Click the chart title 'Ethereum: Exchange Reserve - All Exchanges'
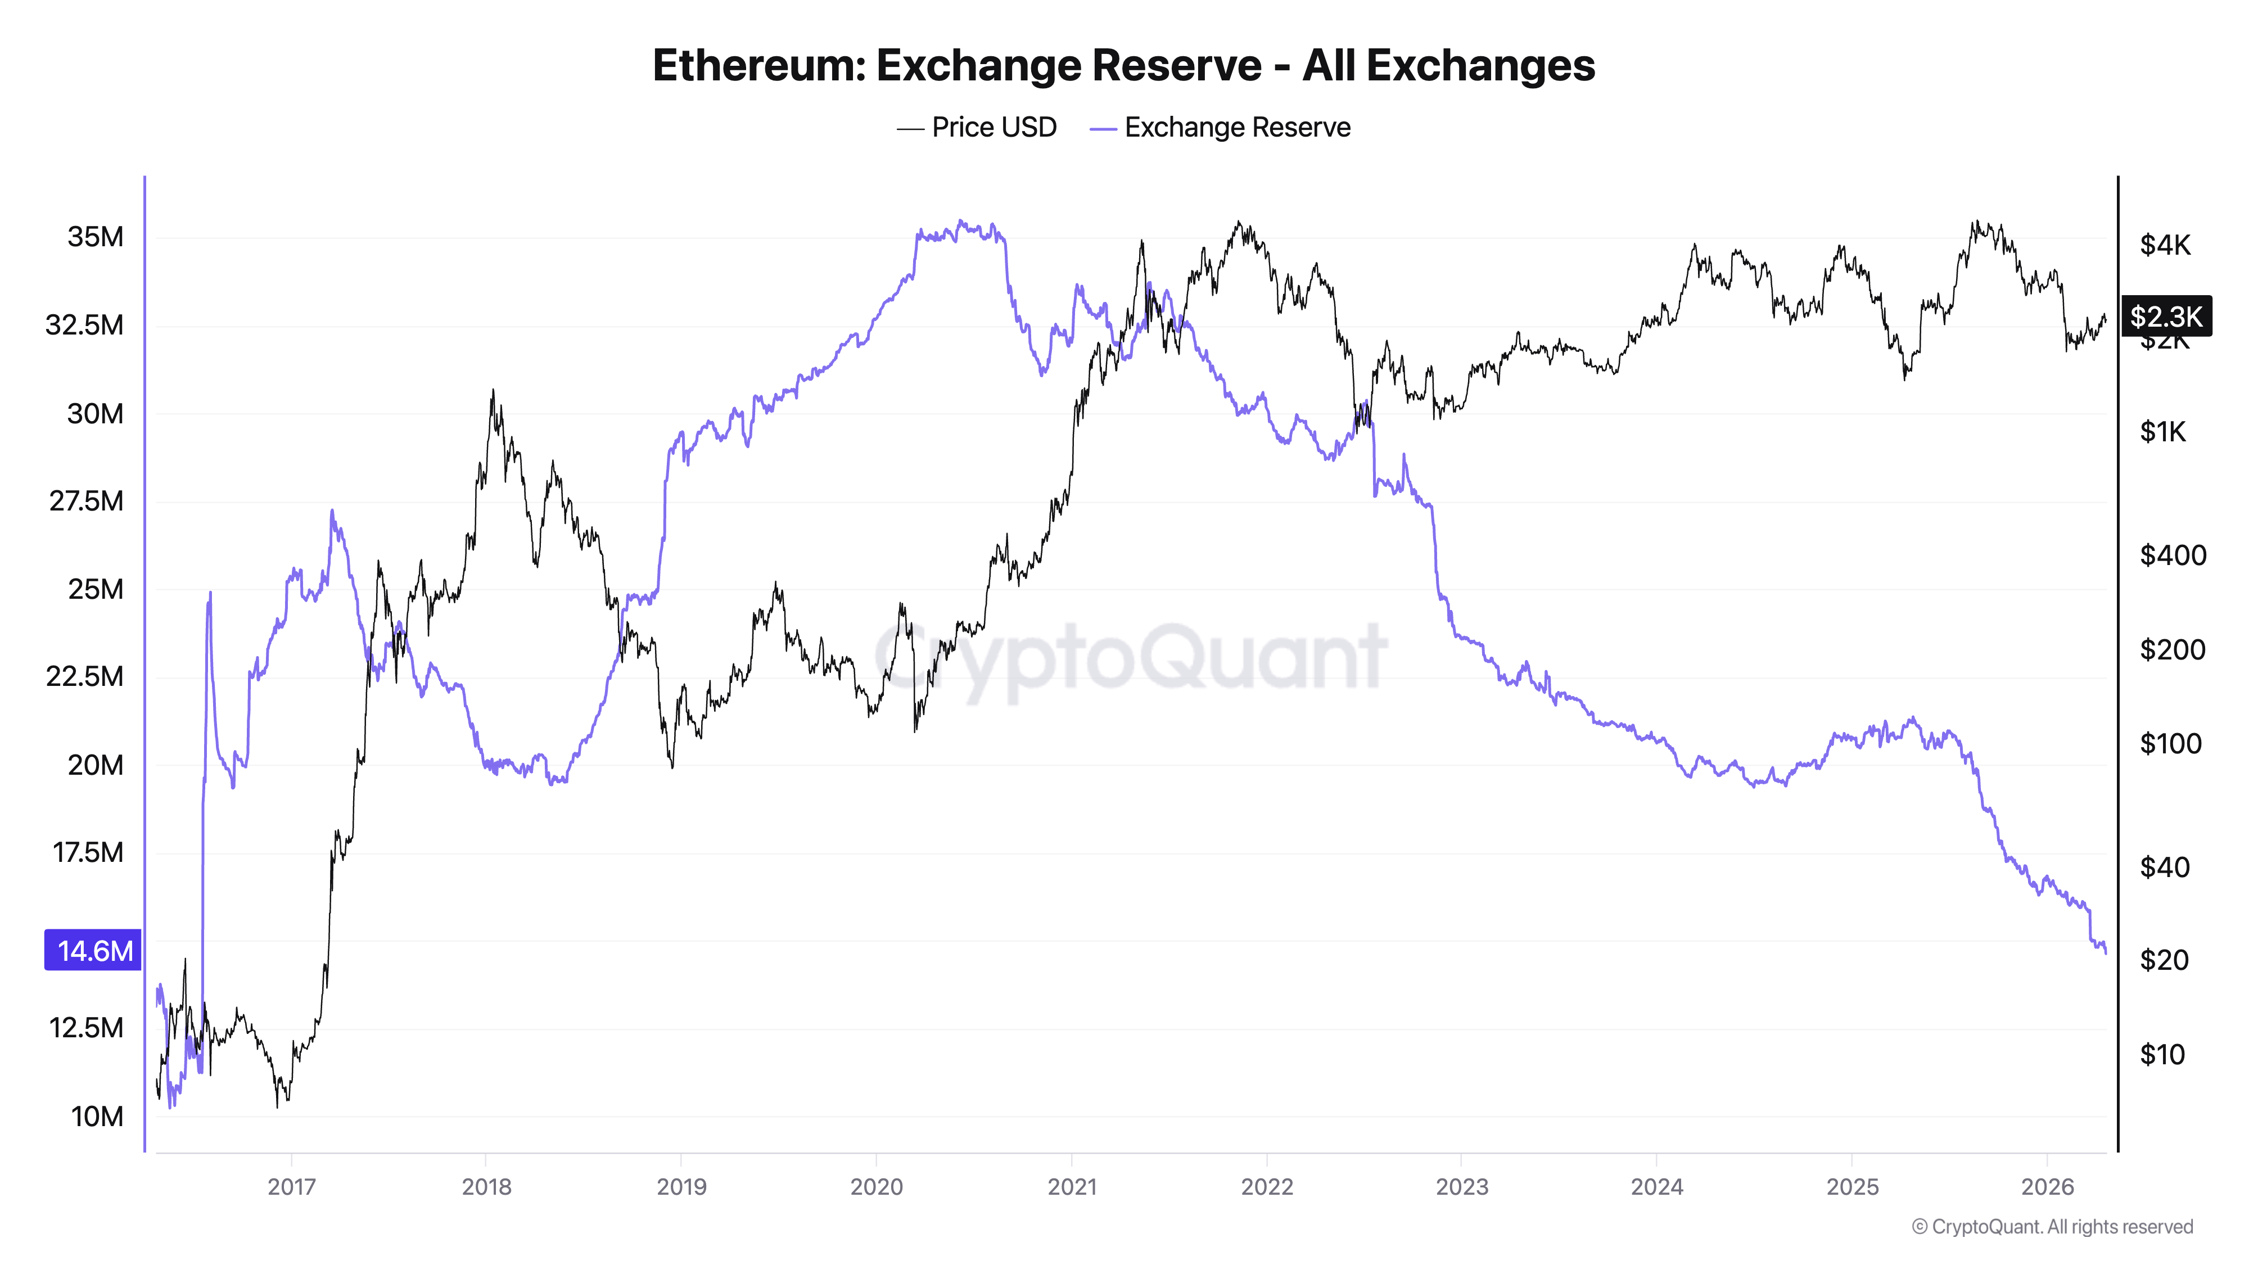point(1123,65)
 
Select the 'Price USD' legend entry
point(977,128)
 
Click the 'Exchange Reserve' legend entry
point(1221,128)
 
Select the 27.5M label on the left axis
point(87,501)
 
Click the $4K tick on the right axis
point(2165,245)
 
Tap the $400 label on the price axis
point(2172,555)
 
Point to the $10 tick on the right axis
point(2162,1055)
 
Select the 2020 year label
point(877,1186)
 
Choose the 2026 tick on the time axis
point(2047,1186)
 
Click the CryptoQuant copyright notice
point(2052,1227)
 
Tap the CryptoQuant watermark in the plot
point(1131,655)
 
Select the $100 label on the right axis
point(2170,744)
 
